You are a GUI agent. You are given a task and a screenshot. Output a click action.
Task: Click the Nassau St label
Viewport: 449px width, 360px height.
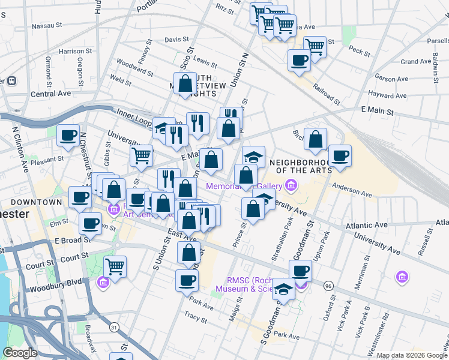point(47,26)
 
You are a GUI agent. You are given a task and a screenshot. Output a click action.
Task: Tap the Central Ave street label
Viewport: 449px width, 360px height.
point(51,94)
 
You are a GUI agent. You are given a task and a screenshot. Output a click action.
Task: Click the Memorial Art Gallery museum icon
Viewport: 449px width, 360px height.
point(291,186)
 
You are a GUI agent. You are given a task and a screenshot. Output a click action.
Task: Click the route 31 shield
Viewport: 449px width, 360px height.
point(113,327)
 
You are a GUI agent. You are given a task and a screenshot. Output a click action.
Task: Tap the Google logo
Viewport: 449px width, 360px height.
point(20,353)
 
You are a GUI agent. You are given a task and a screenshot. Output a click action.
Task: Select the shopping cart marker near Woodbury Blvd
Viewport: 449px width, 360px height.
point(115,266)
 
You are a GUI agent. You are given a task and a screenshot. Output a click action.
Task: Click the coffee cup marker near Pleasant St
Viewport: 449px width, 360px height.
point(68,135)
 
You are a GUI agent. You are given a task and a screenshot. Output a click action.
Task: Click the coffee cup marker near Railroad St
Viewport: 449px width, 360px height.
point(299,59)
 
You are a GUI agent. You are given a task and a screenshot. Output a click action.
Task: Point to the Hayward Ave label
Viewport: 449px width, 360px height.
point(388,95)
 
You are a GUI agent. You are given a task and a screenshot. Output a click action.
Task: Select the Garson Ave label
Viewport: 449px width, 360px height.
point(393,79)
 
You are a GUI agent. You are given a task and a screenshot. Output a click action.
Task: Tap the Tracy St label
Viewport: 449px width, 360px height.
point(196,314)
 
